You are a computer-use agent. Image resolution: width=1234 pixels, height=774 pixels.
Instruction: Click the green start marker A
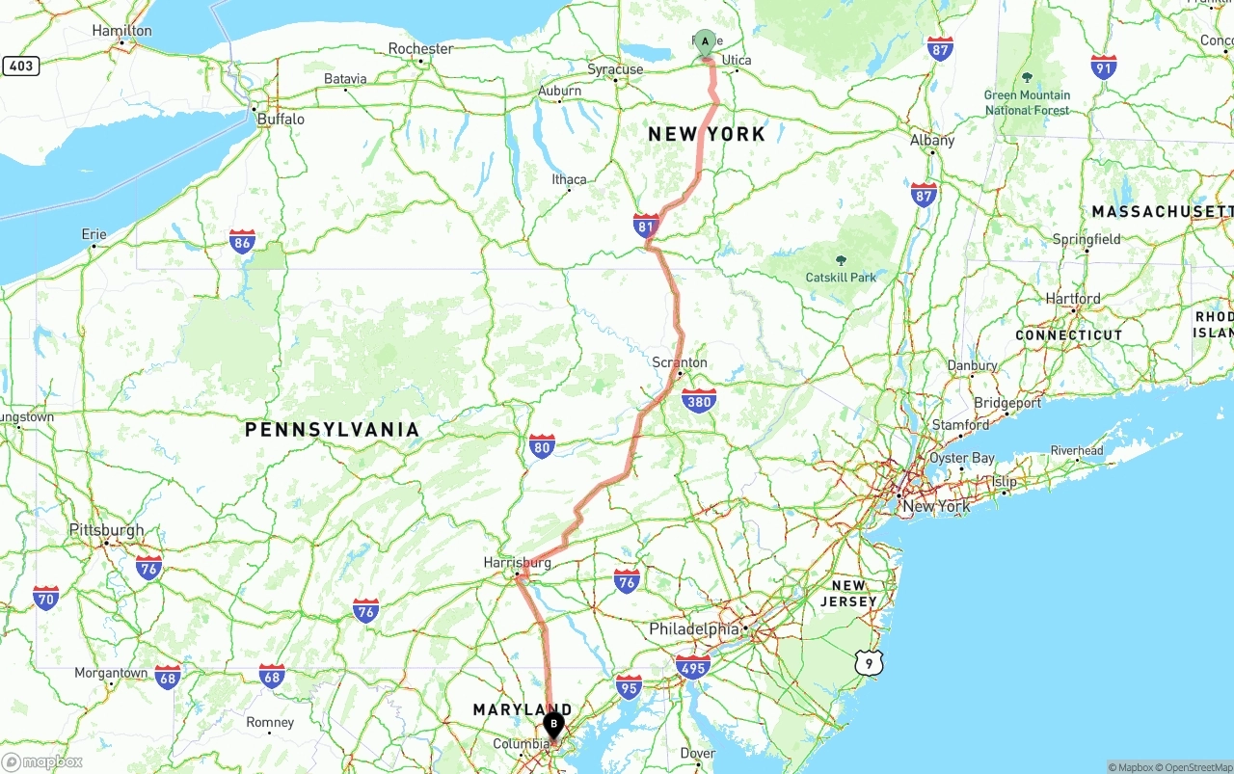(705, 42)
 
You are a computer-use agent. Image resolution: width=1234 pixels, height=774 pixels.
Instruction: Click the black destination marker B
(554, 724)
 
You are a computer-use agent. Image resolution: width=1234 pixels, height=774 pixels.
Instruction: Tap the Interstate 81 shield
(646, 227)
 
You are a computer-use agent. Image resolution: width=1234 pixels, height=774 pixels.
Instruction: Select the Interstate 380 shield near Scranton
(698, 401)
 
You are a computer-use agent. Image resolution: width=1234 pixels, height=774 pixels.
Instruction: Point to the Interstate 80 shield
(542, 445)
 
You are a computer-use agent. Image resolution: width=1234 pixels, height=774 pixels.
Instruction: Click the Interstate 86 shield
(242, 241)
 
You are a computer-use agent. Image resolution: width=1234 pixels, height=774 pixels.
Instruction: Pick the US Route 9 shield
(869, 662)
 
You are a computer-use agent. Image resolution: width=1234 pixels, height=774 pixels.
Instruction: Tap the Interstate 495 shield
(693, 666)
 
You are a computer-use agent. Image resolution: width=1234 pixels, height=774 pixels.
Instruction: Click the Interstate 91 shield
(1104, 67)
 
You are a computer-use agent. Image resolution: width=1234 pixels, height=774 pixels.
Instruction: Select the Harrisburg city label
(518, 563)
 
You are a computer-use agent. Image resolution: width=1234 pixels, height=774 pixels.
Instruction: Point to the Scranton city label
(680, 363)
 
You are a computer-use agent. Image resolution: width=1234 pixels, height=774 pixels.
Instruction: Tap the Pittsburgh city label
(106, 530)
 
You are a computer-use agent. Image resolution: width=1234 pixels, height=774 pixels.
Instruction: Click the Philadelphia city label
(694, 629)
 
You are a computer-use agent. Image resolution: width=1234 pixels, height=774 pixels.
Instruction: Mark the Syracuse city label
(615, 69)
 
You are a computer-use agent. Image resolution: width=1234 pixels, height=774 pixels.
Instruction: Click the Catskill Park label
(841, 278)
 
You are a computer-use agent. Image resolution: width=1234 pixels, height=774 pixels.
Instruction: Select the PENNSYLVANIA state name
(332, 430)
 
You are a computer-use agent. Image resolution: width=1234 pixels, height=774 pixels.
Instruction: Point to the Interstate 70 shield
(45, 598)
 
